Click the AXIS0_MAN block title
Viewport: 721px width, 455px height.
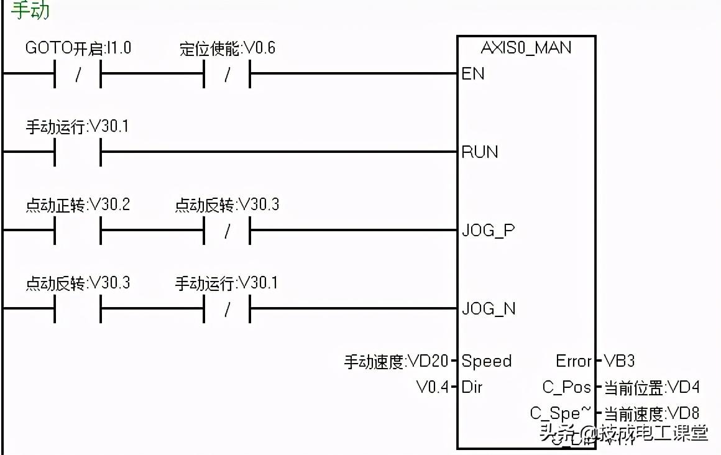[x=526, y=48]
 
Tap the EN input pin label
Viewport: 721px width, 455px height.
[x=473, y=74]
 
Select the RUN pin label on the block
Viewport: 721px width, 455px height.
[x=480, y=152]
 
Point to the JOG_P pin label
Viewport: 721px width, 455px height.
[x=488, y=231]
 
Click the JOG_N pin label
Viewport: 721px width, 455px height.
[x=489, y=309]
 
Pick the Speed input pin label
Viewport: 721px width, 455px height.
[x=487, y=361]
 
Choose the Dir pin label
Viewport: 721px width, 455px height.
[x=472, y=387]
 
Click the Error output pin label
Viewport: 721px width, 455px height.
[x=573, y=361]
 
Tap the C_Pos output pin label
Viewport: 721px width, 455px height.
[x=566, y=387]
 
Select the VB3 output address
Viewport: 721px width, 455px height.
[x=619, y=361]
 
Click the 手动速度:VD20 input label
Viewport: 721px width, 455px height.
[x=396, y=361]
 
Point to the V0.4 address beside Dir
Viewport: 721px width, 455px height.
[x=432, y=387]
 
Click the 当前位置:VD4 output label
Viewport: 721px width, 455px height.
[x=651, y=388]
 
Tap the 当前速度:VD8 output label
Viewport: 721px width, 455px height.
[x=651, y=413]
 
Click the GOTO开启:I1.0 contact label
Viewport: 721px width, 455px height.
[x=78, y=48]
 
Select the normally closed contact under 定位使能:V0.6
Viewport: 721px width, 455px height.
[x=227, y=74]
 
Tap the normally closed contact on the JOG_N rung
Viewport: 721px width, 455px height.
[x=227, y=309]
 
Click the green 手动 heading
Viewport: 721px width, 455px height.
[x=30, y=11]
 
